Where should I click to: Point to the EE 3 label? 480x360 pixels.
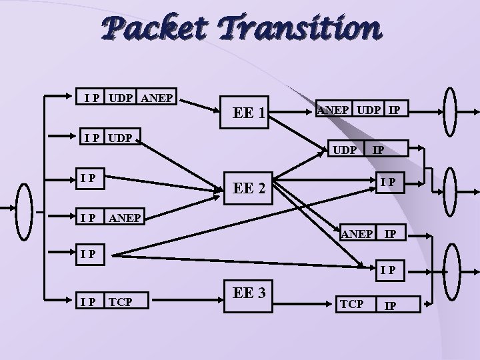pyautogui.click(x=250, y=291)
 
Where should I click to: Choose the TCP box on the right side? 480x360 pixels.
pyautogui.click(x=351, y=303)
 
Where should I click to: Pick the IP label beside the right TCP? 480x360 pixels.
pyautogui.click(x=392, y=305)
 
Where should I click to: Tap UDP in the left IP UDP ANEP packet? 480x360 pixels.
pyautogui.click(x=120, y=98)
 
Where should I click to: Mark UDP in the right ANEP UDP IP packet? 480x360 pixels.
pyautogui.click(x=371, y=109)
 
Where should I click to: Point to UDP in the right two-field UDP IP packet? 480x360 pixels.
pyautogui.click(x=345, y=151)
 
